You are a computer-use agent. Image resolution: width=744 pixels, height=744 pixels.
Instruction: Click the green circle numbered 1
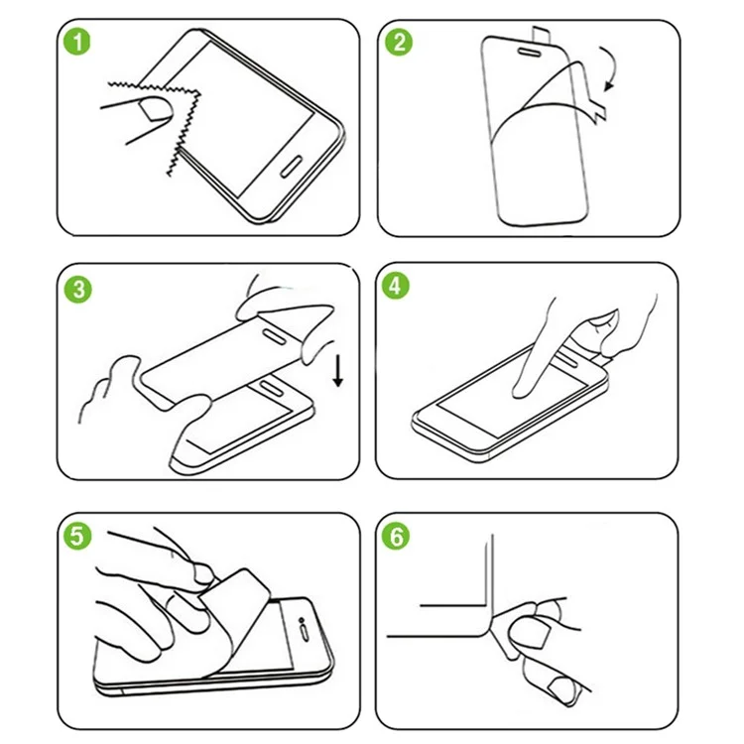[76, 42]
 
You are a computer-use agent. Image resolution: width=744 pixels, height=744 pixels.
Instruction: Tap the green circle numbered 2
[399, 42]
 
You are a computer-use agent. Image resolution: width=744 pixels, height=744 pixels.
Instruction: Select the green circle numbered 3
[78, 290]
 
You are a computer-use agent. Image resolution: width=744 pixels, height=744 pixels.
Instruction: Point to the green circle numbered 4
[396, 286]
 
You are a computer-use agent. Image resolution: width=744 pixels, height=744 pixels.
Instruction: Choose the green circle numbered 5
[77, 536]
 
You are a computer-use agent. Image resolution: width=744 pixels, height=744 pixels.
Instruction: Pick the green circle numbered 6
[396, 537]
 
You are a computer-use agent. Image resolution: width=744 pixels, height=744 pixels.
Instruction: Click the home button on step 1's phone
[292, 167]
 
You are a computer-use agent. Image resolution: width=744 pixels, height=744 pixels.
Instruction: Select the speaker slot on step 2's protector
[530, 52]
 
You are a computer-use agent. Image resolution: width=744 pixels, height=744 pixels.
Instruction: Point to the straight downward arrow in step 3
[338, 371]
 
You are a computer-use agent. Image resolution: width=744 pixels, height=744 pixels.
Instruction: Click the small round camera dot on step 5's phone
[301, 620]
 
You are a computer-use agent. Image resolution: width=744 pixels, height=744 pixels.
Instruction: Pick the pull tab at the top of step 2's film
[541, 35]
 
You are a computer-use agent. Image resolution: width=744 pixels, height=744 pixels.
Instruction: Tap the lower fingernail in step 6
[562, 689]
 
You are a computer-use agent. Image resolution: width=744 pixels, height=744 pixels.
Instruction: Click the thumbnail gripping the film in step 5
[204, 574]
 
